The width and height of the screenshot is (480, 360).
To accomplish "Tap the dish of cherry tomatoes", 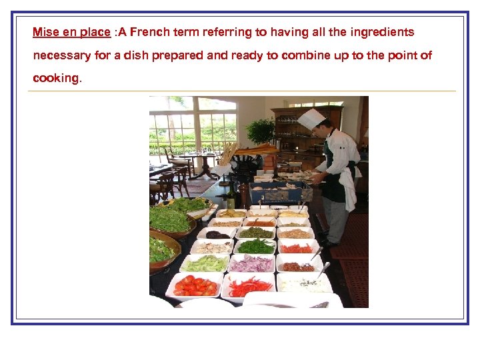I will click(194, 285).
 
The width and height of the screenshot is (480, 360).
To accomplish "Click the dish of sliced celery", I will click(205, 263).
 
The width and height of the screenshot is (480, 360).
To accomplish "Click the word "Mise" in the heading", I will click(45, 32).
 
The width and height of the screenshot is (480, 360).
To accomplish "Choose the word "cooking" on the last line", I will click(56, 78).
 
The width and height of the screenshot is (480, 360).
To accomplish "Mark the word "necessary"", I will click(62, 55).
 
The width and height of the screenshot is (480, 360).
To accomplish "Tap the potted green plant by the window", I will click(260, 130).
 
